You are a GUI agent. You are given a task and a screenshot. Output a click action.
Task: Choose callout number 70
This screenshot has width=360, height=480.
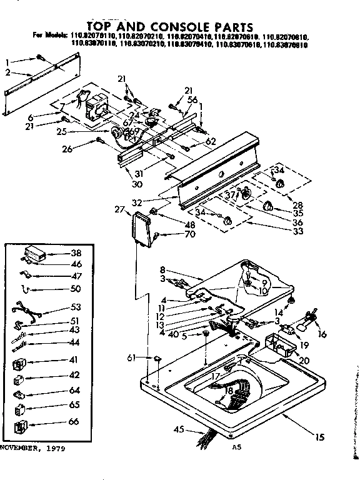click(172, 234)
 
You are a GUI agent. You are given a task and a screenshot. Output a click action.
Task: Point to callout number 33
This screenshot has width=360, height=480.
click(299, 231)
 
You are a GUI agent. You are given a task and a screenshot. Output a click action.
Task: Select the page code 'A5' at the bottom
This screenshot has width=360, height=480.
click(236, 447)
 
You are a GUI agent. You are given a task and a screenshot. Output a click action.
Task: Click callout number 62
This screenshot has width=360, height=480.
click(210, 142)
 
